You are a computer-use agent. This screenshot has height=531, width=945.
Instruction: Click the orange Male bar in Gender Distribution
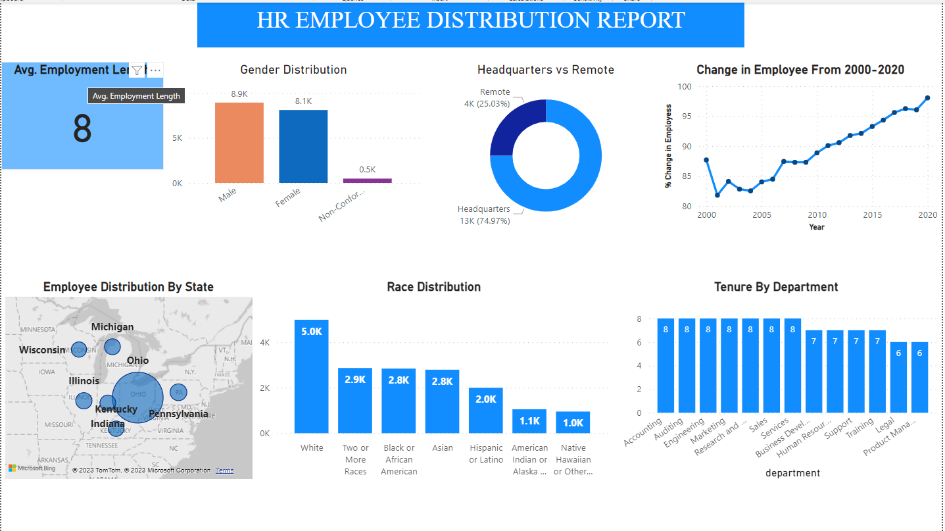click(x=239, y=143)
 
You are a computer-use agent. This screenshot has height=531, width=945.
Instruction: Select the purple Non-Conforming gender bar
click(x=367, y=180)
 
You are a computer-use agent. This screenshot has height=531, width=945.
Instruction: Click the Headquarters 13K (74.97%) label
click(x=484, y=215)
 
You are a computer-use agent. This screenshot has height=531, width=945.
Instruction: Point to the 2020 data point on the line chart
click(x=927, y=98)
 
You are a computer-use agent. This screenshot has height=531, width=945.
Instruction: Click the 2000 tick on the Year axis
click(x=706, y=215)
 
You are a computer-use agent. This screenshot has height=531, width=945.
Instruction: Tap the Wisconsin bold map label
click(x=42, y=350)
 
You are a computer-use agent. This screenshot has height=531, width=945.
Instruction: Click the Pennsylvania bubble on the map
click(x=178, y=392)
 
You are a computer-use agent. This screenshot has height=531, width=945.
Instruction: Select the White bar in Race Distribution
click(x=311, y=376)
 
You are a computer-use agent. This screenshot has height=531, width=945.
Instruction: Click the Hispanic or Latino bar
click(x=486, y=410)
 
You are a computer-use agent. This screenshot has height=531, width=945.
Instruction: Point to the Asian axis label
click(x=443, y=448)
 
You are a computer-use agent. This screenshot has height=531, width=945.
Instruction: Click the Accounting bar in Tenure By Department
click(x=666, y=365)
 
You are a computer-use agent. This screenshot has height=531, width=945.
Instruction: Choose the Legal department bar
click(x=899, y=377)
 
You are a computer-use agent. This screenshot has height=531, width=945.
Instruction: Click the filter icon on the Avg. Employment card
click(x=136, y=70)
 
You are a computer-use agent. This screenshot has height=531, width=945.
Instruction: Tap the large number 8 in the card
click(x=82, y=129)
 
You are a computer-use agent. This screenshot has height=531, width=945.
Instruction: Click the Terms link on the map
click(x=224, y=470)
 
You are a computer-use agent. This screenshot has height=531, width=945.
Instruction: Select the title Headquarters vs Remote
click(x=545, y=70)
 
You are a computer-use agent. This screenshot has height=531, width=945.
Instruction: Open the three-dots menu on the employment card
click(x=155, y=70)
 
